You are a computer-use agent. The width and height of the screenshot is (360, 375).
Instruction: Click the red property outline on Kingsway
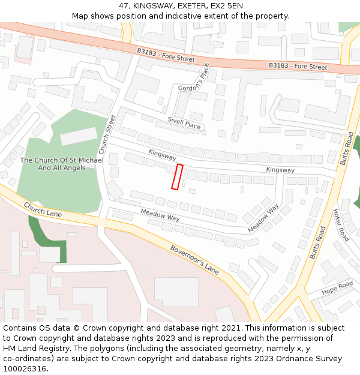176,176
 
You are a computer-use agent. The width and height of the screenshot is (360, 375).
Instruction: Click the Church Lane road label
43,209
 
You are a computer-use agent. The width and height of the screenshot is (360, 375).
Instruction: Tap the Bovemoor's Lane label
194,259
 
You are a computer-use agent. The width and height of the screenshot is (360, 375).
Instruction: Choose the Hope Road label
337,287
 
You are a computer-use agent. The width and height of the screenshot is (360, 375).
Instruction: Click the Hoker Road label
341,225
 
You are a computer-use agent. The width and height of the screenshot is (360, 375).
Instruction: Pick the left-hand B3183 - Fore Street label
166,56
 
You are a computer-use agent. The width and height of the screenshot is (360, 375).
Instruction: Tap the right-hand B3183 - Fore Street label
298,67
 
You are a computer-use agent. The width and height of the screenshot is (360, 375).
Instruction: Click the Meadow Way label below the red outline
160,215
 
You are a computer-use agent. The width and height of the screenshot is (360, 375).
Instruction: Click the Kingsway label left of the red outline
162,155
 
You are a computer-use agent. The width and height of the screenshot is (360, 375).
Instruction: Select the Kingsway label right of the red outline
280,170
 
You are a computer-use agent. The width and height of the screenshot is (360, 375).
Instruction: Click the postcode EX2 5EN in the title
227,6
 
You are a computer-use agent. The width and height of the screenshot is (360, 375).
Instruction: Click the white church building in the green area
79,136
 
